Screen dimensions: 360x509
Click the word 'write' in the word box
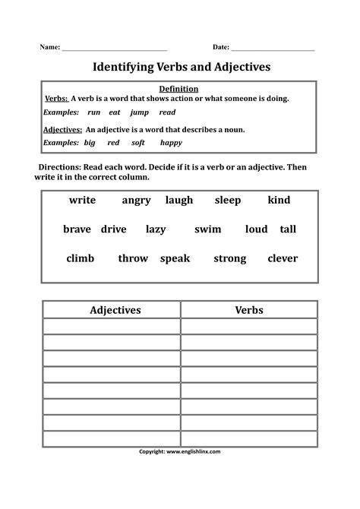[x=82, y=201]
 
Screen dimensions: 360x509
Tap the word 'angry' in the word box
[x=136, y=201]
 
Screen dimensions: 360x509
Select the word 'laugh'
[x=179, y=201]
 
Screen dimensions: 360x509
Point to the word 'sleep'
[x=227, y=201]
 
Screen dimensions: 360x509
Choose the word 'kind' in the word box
[x=279, y=201]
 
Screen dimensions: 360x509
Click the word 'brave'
[x=77, y=229]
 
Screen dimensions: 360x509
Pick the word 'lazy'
[x=156, y=229]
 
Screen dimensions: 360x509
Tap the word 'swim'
[x=207, y=229]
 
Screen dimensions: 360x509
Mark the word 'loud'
[x=257, y=229]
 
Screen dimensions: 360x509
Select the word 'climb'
[x=81, y=258]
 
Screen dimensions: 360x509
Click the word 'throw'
[x=133, y=258]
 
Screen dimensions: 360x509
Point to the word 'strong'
[x=229, y=259]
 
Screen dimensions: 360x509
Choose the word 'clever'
[x=283, y=258]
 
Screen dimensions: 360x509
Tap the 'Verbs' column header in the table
[x=249, y=310]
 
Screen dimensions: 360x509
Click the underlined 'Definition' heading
[x=179, y=89]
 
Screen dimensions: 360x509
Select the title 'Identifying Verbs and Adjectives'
[x=181, y=67]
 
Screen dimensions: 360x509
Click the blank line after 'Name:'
[x=114, y=49]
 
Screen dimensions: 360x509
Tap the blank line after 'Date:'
[x=273, y=49]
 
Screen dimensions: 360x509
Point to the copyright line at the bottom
[x=180, y=451]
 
